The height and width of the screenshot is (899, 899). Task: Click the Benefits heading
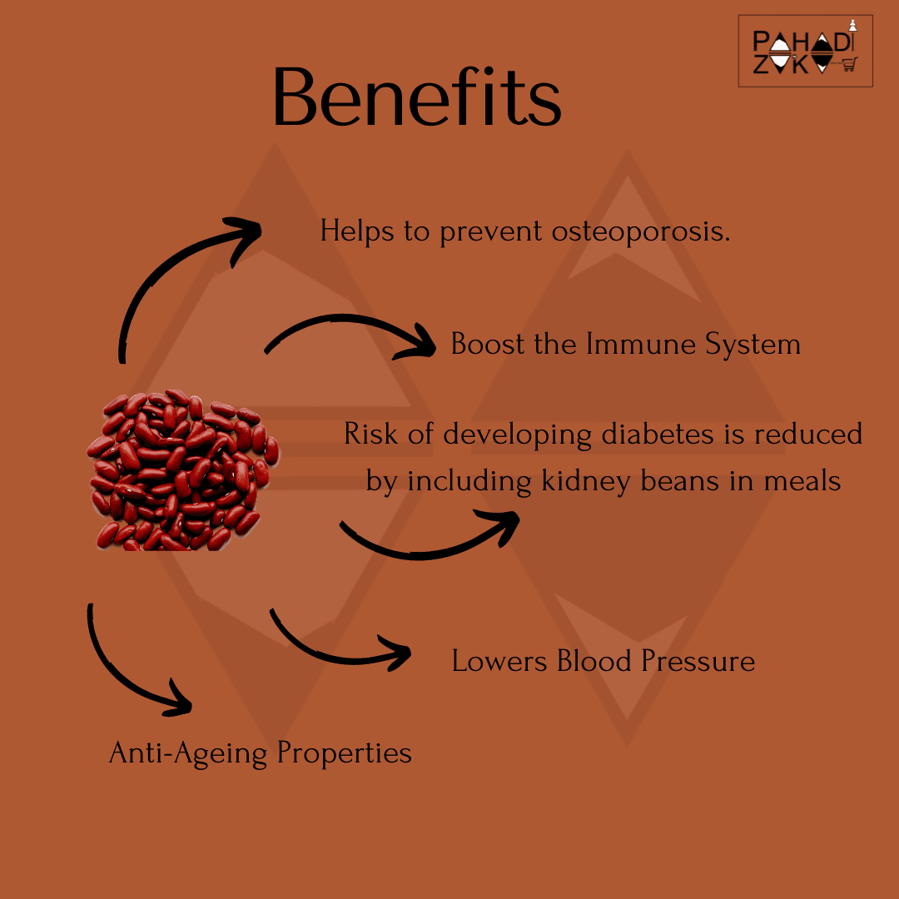[417, 97]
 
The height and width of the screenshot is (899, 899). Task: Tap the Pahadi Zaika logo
[806, 51]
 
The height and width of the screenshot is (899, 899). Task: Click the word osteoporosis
[641, 232]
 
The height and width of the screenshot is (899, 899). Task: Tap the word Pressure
[698, 660]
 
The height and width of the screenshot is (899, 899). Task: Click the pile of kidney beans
[182, 470]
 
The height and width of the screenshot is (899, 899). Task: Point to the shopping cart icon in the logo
[849, 63]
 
